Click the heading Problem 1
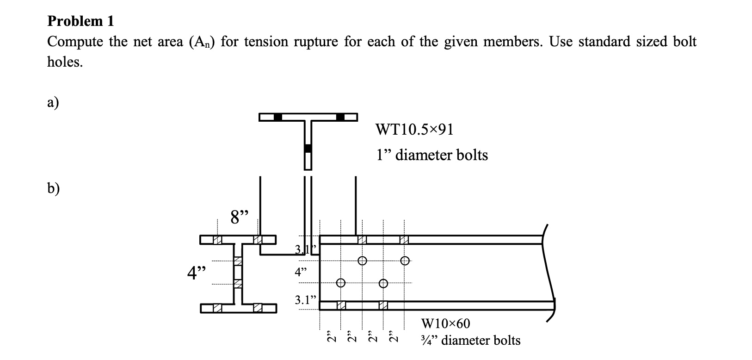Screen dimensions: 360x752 [x=80, y=21]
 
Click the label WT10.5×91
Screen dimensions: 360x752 [x=415, y=130]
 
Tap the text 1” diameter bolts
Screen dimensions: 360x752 [x=432, y=155]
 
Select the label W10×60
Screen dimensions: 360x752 [x=445, y=323]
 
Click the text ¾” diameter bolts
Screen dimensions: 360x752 [x=471, y=341]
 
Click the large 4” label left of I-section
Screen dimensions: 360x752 [x=196, y=273]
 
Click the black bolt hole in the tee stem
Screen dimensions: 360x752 [x=308, y=149]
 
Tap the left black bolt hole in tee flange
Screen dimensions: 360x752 [x=278, y=117]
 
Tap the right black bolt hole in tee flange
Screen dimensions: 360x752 [x=340, y=117]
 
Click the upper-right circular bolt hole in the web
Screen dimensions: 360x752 [x=405, y=261]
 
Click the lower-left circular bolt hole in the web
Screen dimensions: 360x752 [x=341, y=283]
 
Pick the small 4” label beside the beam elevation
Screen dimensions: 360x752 [x=301, y=272]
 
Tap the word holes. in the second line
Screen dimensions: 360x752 [x=65, y=62]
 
